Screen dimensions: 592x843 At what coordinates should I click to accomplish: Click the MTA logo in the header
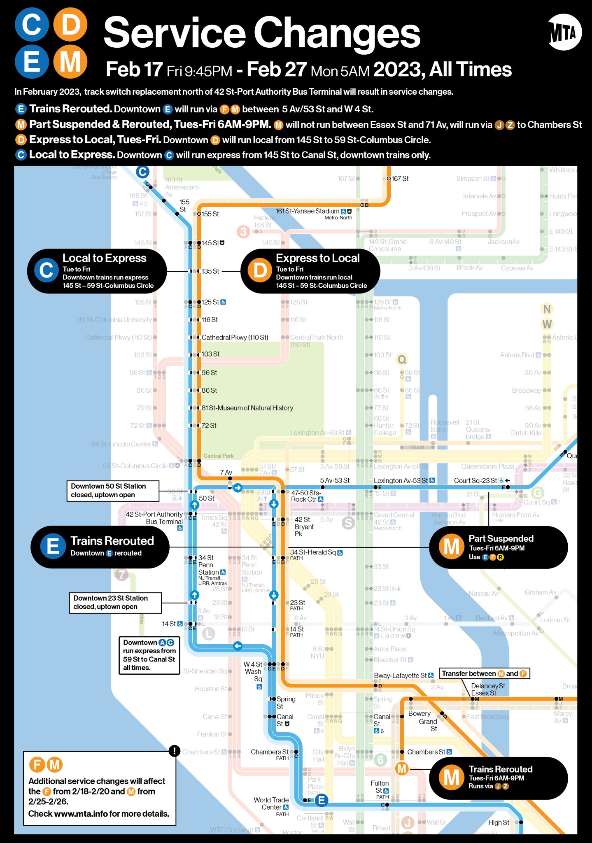(x=565, y=33)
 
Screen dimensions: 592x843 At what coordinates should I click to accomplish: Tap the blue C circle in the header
(x=32, y=24)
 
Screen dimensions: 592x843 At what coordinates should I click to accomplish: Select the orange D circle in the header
(x=70, y=24)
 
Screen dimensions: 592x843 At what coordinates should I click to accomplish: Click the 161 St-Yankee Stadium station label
(x=307, y=211)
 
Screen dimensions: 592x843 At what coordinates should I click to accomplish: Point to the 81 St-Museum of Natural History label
(x=247, y=408)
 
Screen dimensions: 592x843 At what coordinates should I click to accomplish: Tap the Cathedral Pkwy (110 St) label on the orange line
(x=235, y=338)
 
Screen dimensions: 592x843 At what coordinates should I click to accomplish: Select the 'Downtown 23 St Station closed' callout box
(x=115, y=603)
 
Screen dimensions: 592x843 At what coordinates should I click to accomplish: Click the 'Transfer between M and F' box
(x=484, y=673)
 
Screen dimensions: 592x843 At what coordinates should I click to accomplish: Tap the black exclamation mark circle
(x=175, y=751)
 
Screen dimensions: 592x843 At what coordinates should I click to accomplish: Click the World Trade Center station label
(x=271, y=803)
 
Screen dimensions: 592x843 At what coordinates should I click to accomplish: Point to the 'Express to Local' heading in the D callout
(x=317, y=258)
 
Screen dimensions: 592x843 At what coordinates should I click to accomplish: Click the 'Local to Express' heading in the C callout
(x=104, y=258)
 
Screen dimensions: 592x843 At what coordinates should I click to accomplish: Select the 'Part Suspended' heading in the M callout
(x=501, y=538)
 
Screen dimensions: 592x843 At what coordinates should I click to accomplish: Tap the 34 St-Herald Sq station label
(x=313, y=552)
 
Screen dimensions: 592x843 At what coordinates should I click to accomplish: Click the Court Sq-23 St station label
(x=475, y=481)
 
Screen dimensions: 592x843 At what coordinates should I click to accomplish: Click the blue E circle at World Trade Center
(x=322, y=800)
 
